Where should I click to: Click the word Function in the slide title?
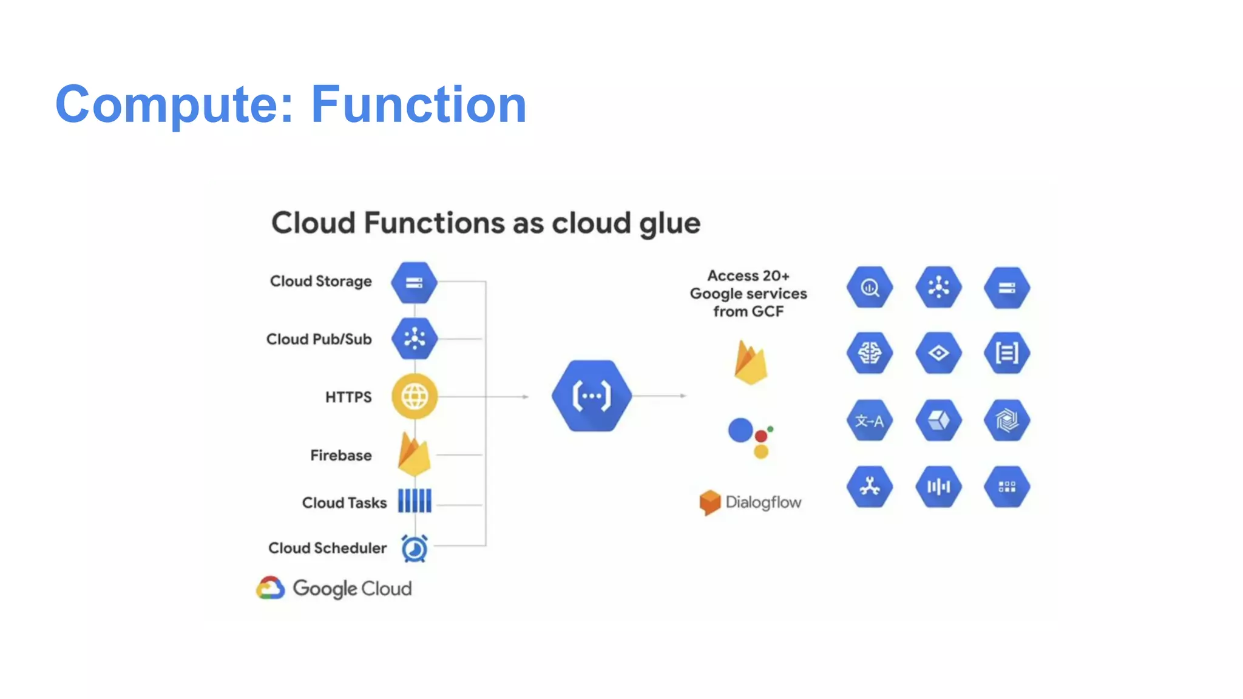pos(419,104)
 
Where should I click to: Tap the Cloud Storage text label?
pos(320,282)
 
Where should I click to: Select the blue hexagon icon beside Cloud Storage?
pos(414,283)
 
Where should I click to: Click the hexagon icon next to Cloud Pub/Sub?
pos(415,339)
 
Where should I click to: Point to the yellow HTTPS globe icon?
pos(415,397)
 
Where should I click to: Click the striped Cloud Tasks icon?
pos(415,501)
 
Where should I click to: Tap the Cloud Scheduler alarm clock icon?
pos(415,549)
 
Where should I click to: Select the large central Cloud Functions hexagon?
pos(592,396)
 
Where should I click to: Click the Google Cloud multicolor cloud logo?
pos(271,588)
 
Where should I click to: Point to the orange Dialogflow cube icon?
pos(710,502)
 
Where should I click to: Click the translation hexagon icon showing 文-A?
pos(869,420)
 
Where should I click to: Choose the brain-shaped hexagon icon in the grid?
pos(869,353)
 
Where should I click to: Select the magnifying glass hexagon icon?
pos(869,288)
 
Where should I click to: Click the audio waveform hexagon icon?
pos(938,487)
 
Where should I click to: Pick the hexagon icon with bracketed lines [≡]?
pos(1007,353)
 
